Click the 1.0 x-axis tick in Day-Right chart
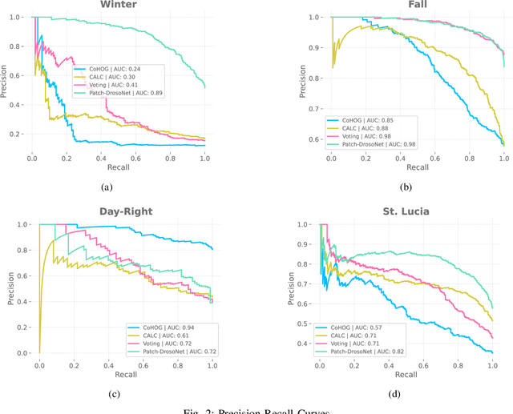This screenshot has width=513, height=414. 212,364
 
